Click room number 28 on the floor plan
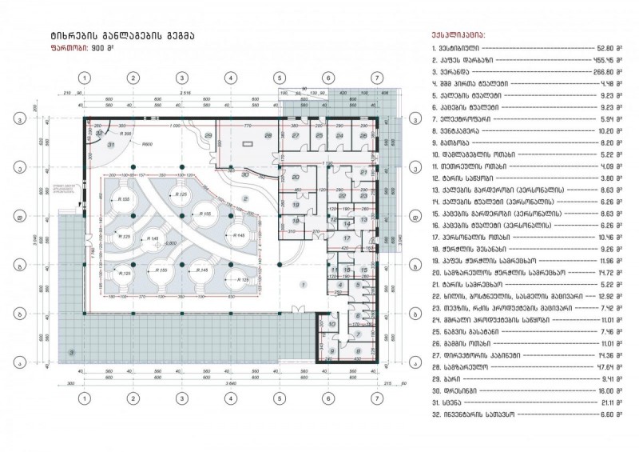click(268, 136)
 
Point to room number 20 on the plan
click(295, 178)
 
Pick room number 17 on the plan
click(346, 238)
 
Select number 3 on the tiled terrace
click(72, 351)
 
